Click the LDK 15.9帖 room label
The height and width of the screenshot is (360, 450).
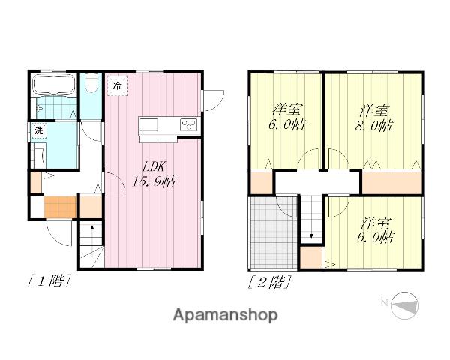click(x=154, y=174)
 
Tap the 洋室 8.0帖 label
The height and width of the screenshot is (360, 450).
click(x=374, y=118)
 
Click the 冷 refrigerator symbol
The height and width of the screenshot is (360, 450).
click(x=117, y=85)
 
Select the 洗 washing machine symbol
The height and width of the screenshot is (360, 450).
click(x=39, y=130)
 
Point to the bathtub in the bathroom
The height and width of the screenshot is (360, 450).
click(x=54, y=85)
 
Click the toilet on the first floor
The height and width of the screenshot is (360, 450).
click(x=91, y=82)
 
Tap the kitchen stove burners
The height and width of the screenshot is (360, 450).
click(x=188, y=124)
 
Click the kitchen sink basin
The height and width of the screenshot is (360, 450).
click(x=148, y=125)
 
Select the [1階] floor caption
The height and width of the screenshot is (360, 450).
click(x=49, y=281)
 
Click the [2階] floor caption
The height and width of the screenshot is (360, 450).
click(x=270, y=282)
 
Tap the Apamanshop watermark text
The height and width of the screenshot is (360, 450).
click(x=225, y=315)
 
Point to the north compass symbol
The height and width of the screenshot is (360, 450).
click(x=405, y=305)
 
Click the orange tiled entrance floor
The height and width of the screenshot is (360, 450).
click(x=60, y=207)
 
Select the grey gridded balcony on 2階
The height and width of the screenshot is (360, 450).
click(x=273, y=233)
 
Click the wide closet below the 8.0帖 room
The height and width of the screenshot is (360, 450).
click(x=391, y=182)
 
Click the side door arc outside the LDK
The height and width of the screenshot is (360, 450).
click(x=214, y=100)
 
